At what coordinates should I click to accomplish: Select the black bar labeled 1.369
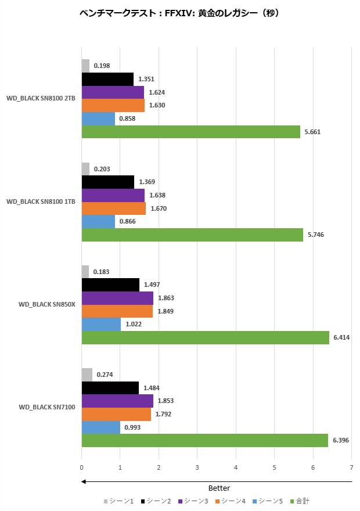point(107,182)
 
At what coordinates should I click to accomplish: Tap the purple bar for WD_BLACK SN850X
point(117,298)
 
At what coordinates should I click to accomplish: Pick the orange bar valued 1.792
point(116,414)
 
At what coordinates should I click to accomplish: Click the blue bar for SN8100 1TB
point(98,221)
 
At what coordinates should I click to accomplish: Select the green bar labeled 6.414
point(205,337)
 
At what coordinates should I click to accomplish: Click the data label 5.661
point(312,132)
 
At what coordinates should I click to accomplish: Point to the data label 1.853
point(166,401)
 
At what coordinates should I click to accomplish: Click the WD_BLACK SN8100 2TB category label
point(41,98)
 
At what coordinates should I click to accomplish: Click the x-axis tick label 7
point(351,467)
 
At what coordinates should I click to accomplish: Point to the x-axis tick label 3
point(197,467)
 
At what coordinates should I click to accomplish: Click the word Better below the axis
point(219,488)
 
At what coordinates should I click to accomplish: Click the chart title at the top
point(179,12)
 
